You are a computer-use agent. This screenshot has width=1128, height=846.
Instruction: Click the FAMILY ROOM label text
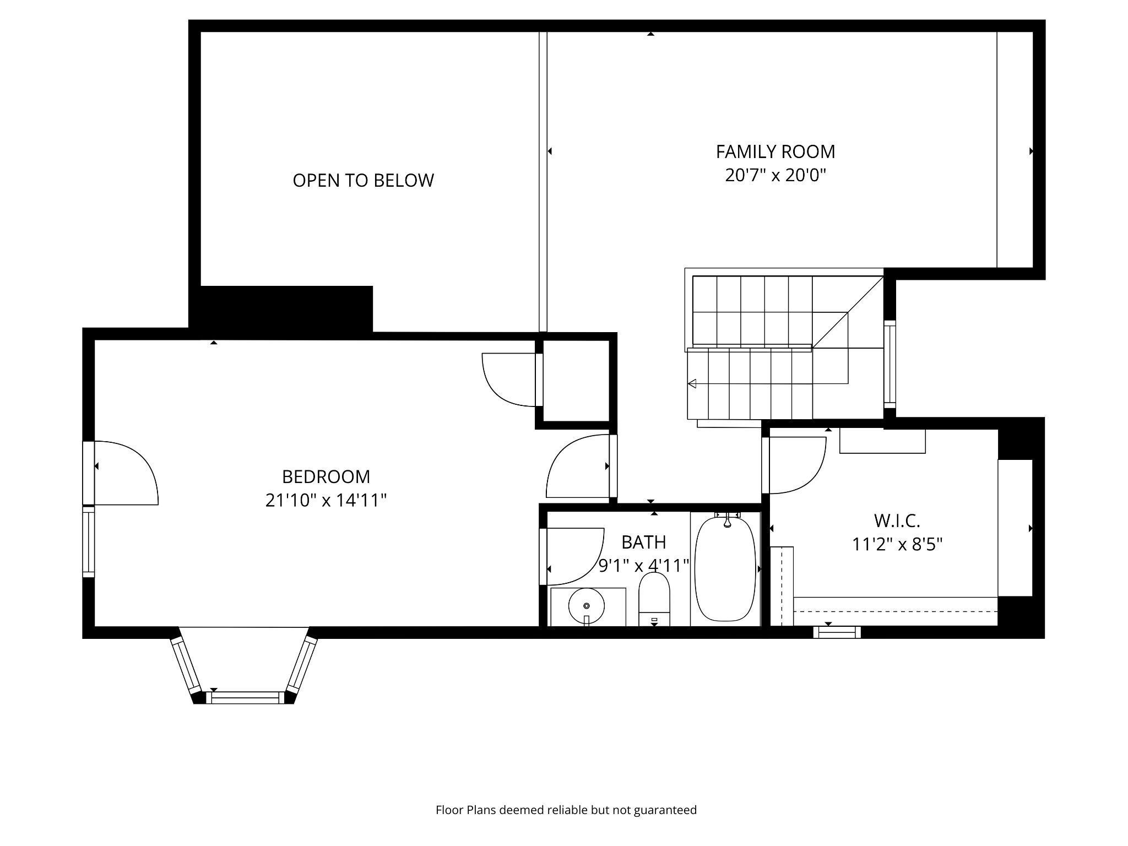pyautogui.click(x=775, y=151)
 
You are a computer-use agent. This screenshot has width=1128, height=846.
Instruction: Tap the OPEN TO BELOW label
pyautogui.click(x=363, y=180)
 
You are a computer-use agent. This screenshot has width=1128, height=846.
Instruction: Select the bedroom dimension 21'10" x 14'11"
pyautogui.click(x=326, y=501)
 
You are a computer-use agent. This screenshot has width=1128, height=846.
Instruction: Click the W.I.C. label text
pyautogui.click(x=897, y=520)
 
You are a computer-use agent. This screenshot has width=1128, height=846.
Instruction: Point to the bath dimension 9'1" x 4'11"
pyautogui.click(x=644, y=566)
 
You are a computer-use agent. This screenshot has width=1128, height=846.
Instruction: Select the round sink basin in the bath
pyautogui.click(x=587, y=605)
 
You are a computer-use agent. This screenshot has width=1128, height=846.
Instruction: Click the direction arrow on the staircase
pyautogui.click(x=692, y=383)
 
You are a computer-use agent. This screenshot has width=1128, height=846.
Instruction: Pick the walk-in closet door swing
pyautogui.click(x=795, y=464)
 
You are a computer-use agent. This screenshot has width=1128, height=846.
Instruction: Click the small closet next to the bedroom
pyautogui.click(x=576, y=380)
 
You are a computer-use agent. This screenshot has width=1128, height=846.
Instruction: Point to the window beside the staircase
pyautogui.click(x=890, y=364)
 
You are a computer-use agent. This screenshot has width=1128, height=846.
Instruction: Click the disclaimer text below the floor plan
pyautogui.click(x=566, y=810)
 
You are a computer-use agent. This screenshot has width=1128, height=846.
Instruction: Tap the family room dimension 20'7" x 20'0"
pyautogui.click(x=775, y=176)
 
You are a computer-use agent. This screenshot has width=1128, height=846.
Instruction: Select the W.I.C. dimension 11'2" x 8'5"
pyautogui.click(x=897, y=544)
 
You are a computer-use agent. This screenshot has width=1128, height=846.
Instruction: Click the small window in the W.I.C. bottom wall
pyautogui.click(x=836, y=632)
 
